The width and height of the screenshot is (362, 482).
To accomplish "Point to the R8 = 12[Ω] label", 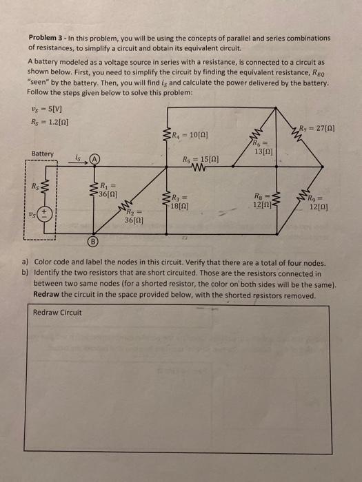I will (x=263, y=200).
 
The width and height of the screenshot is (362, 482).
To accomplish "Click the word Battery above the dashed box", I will (x=43, y=153).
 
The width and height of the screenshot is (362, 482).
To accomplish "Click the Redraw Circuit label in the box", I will (x=57, y=313).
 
